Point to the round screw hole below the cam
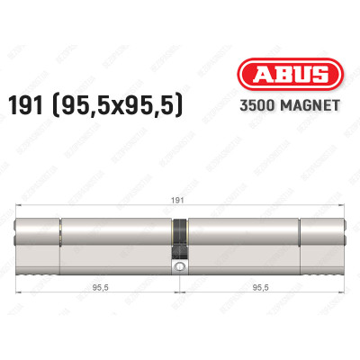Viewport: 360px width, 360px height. click(x=180, y=266)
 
